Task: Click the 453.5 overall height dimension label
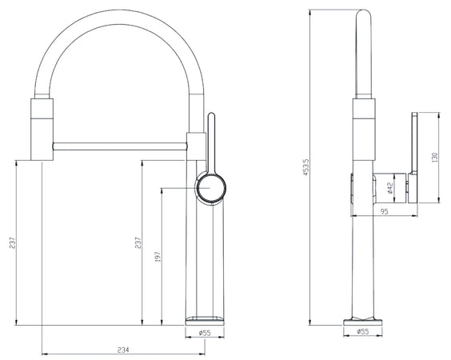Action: (x=305, y=167)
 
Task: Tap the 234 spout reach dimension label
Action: (x=123, y=350)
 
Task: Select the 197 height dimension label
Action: (x=158, y=257)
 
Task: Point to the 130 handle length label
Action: (x=434, y=157)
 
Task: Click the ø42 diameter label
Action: (x=390, y=188)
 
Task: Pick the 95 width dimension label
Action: (x=385, y=211)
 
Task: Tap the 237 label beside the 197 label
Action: (x=138, y=242)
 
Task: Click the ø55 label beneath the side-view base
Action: (x=363, y=331)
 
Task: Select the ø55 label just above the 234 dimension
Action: (x=205, y=333)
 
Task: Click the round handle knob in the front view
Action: (x=211, y=188)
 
